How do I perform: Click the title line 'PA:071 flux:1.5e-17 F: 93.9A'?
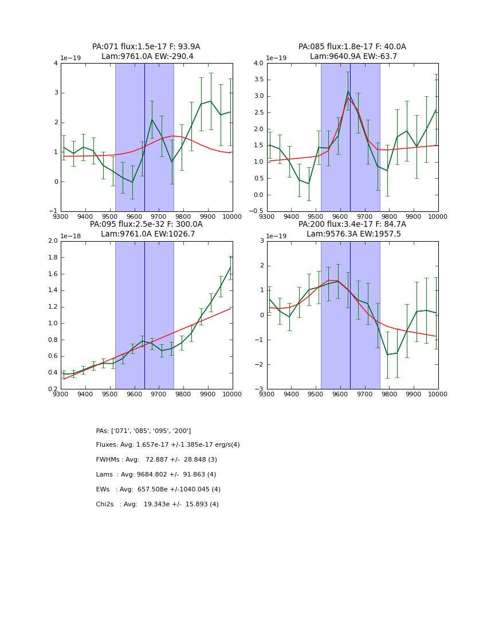(146, 47)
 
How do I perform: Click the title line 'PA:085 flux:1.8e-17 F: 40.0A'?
(352, 47)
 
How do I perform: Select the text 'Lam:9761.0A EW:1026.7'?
(148, 234)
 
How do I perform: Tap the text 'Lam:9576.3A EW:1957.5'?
(354, 234)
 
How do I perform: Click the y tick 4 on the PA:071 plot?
(56, 63)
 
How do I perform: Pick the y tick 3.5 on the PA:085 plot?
(258, 80)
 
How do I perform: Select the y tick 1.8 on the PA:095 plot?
(52, 258)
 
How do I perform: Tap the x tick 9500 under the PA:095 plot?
(109, 394)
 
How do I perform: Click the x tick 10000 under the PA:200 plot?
(438, 394)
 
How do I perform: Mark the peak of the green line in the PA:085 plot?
(348, 91)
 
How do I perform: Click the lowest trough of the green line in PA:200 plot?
(387, 355)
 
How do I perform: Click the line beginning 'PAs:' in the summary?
(143, 431)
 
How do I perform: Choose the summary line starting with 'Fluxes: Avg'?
(168, 445)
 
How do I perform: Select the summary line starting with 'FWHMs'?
(156, 460)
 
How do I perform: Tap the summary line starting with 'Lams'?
(156, 475)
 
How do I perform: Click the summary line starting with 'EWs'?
(158, 490)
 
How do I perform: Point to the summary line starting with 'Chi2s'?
(157, 505)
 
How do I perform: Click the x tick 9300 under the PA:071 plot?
(61, 216)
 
